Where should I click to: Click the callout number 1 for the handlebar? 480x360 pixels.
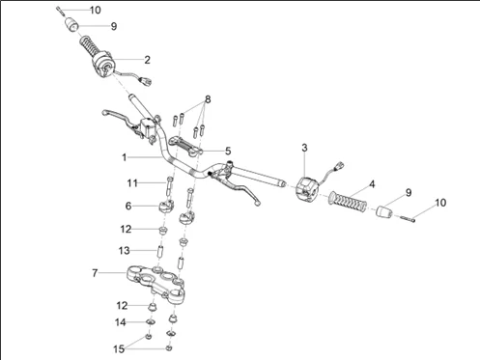tap(125, 157)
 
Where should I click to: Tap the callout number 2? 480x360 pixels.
tap(147, 60)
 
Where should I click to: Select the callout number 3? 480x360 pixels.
tap(304, 148)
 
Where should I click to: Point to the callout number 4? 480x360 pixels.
tap(372, 184)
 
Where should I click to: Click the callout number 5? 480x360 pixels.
tap(228, 151)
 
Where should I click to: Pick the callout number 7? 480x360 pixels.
tap(95, 273)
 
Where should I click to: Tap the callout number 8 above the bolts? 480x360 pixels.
tap(208, 99)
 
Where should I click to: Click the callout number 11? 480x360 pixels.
tap(132, 183)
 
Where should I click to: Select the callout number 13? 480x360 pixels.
tap(125, 250)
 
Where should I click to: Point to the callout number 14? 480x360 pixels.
tap(121, 322)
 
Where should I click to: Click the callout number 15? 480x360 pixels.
tap(119, 349)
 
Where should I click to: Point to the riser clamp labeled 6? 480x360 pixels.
tap(166, 206)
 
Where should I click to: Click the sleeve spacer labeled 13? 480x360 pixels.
tap(159, 251)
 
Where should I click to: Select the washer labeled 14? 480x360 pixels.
tap(151, 321)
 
